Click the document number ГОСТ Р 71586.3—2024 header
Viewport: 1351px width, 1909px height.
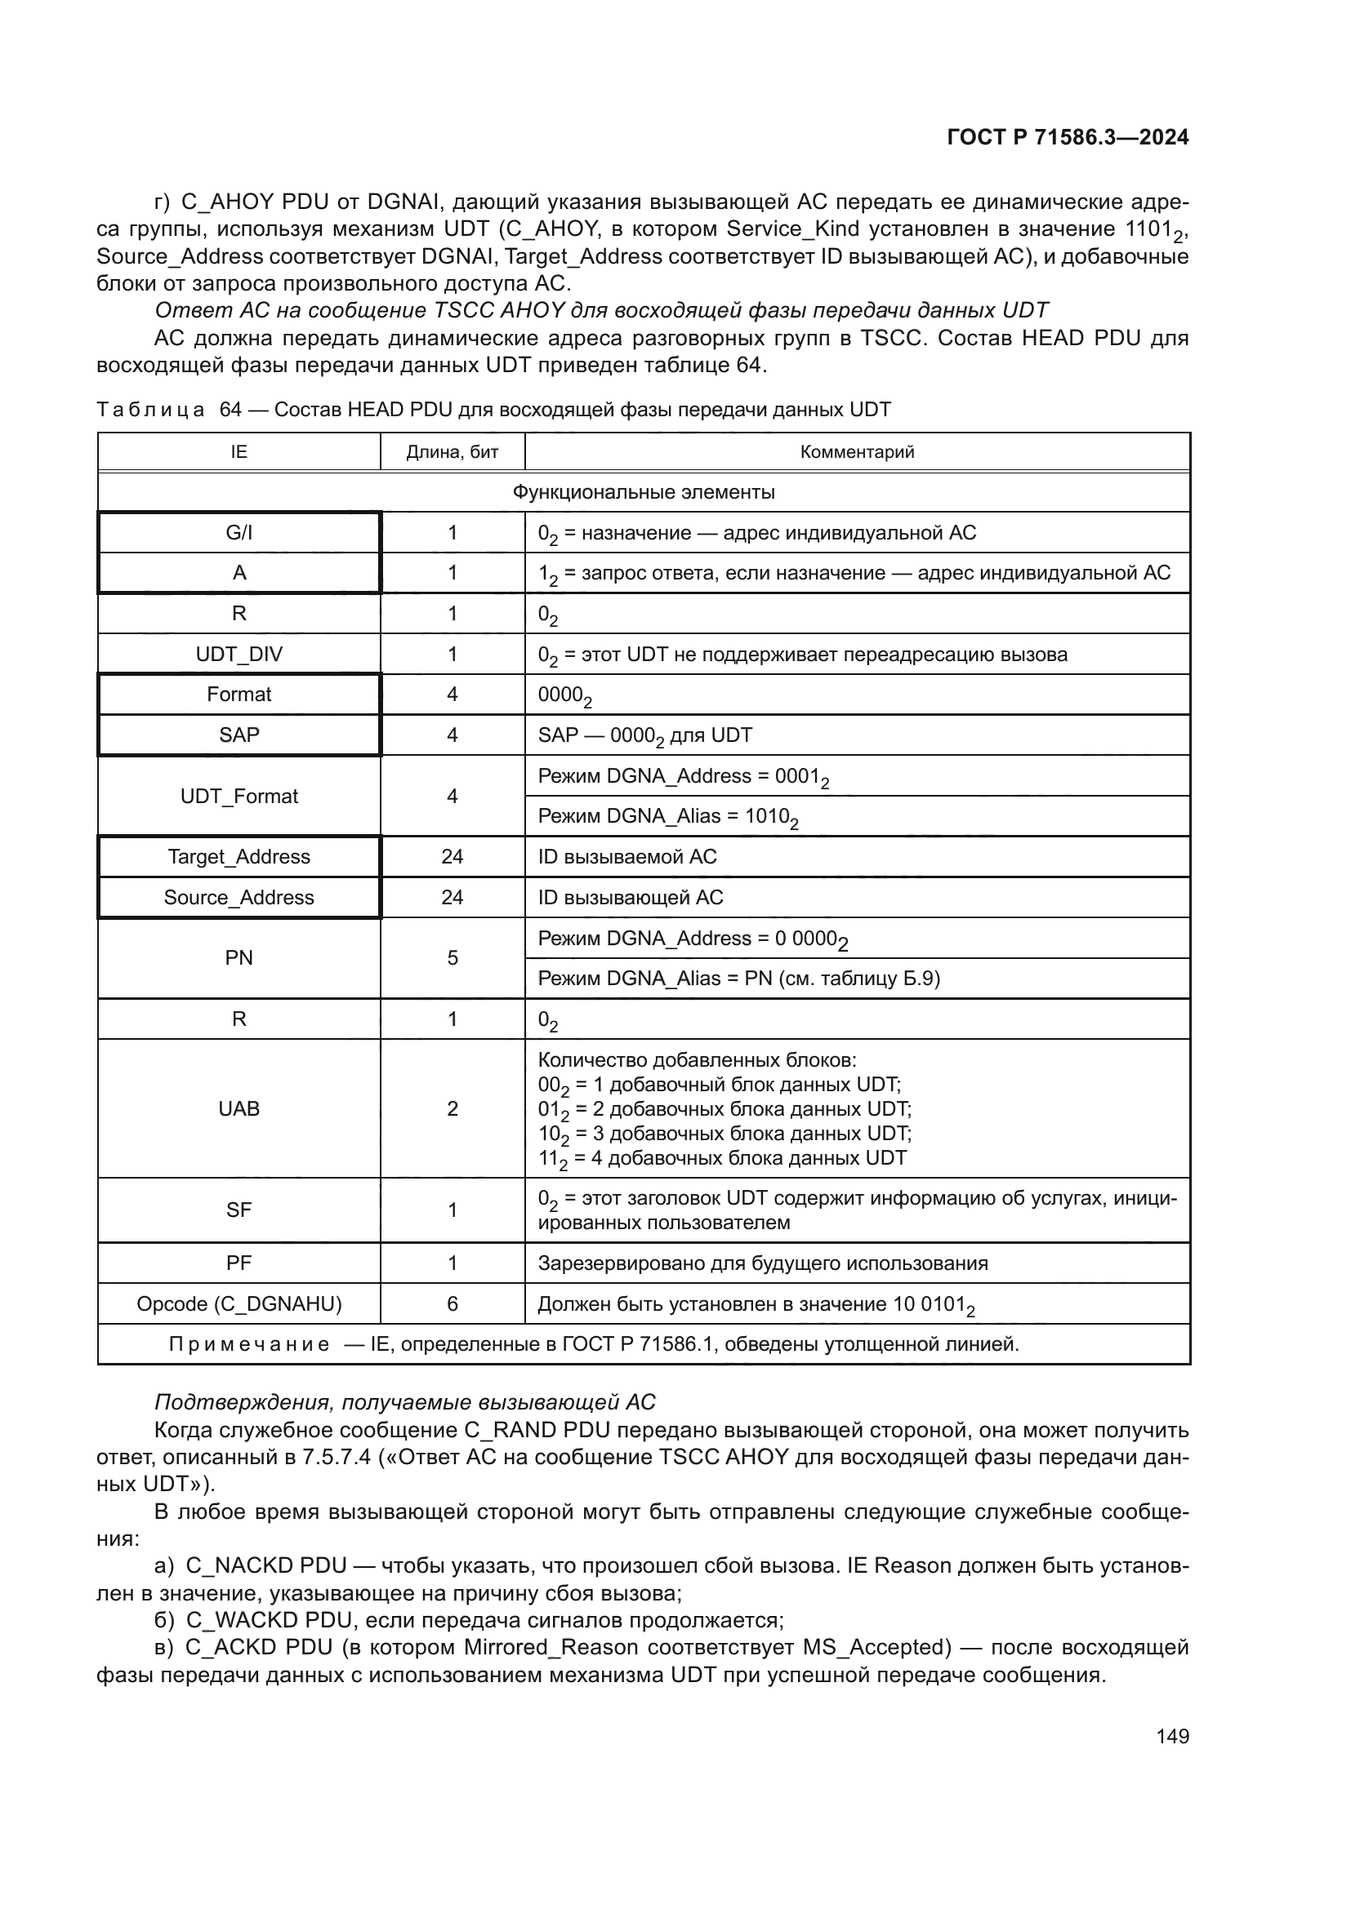1068,138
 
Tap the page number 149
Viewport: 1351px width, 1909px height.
1172,1736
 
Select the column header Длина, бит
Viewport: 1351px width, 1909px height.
452,452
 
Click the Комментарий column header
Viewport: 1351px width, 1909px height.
857,452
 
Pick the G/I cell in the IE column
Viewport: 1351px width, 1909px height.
239,533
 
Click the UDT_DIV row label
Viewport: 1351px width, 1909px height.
239,655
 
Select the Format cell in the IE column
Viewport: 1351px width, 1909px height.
239,695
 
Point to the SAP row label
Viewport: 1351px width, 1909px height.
239,735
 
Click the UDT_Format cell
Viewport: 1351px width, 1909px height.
239,797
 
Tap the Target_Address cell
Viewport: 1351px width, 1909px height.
239,857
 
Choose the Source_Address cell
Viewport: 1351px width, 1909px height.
239,898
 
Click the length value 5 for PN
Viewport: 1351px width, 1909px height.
452,959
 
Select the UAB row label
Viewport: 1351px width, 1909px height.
239,1109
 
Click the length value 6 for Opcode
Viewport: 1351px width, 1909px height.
452,1303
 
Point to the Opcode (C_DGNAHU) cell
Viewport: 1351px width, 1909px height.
239,1303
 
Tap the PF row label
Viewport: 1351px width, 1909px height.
239,1263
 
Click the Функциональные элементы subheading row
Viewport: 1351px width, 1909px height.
643,492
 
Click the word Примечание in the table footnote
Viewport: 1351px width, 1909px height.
249,1344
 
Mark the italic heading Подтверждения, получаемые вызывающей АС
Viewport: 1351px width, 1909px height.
405,1403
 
